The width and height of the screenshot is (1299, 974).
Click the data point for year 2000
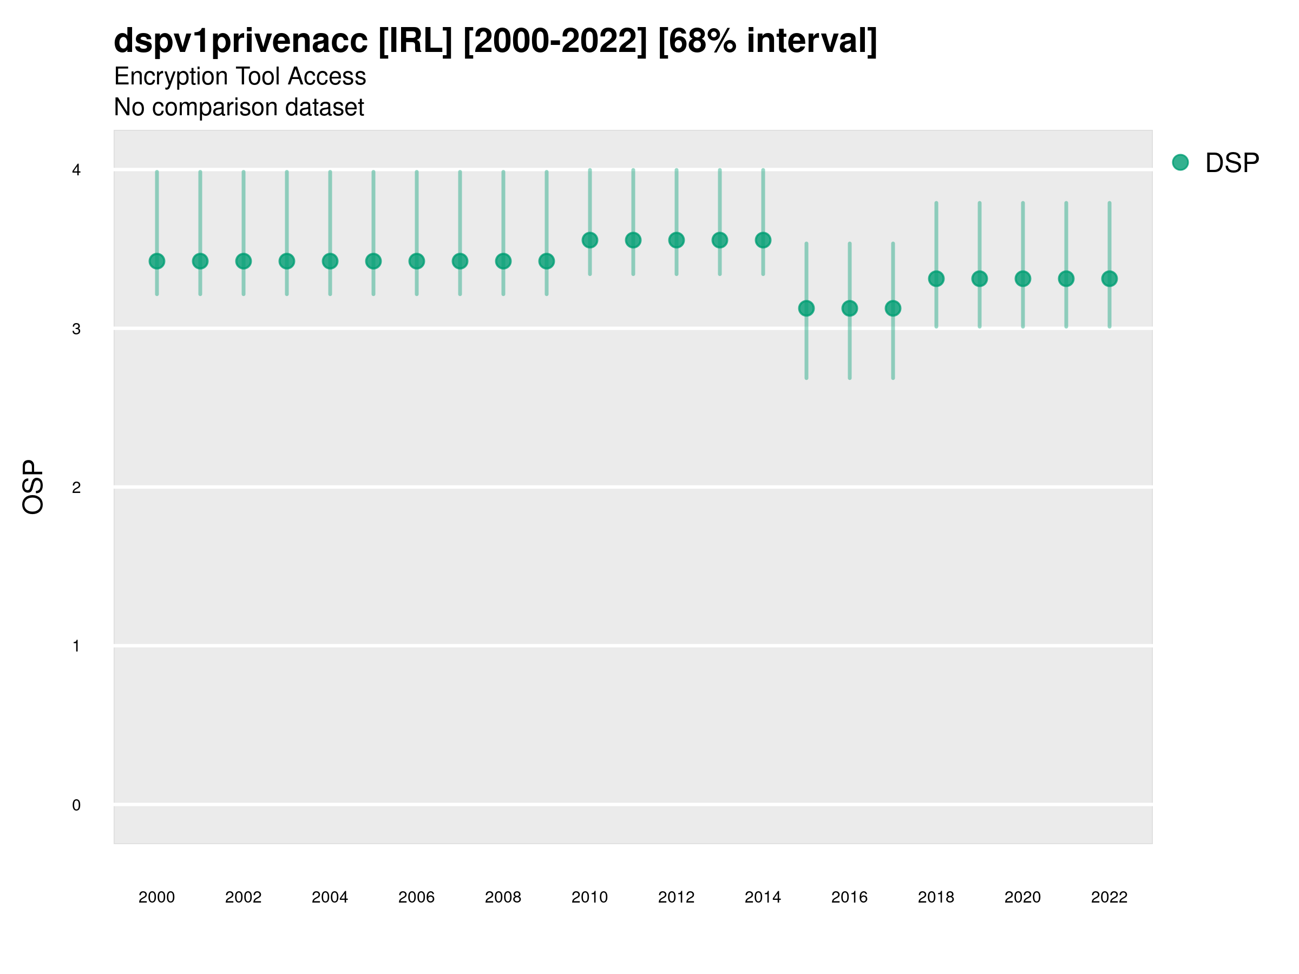pyautogui.click(x=157, y=261)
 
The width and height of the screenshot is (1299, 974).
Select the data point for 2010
pyautogui.click(x=589, y=240)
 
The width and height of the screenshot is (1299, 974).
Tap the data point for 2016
pyautogui.click(x=850, y=308)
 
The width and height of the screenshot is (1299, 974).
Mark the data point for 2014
pyautogui.click(x=763, y=240)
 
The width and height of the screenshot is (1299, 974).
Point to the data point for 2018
pyautogui.click(x=936, y=279)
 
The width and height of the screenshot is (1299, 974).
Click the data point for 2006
pyautogui.click(x=416, y=261)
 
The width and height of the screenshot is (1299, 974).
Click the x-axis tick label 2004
pyautogui.click(x=330, y=897)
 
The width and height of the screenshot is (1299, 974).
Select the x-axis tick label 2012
pyautogui.click(x=676, y=897)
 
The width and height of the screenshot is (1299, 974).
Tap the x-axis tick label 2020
pyautogui.click(x=1022, y=897)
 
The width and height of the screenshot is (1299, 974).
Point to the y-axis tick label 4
pyautogui.click(x=76, y=170)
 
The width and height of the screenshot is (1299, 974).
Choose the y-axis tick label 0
pyautogui.click(x=76, y=805)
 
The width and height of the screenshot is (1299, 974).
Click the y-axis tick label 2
pyautogui.click(x=76, y=488)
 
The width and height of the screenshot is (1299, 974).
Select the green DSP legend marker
pyautogui.click(x=1180, y=163)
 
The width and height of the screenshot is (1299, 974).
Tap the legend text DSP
pyautogui.click(x=1232, y=163)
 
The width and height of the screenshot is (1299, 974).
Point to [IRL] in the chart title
pyautogui.click(x=415, y=41)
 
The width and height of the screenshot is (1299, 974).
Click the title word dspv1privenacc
pyautogui.click(x=241, y=41)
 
